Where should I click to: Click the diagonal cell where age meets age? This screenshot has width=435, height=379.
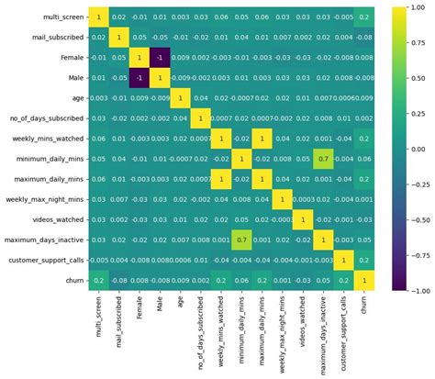181,97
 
